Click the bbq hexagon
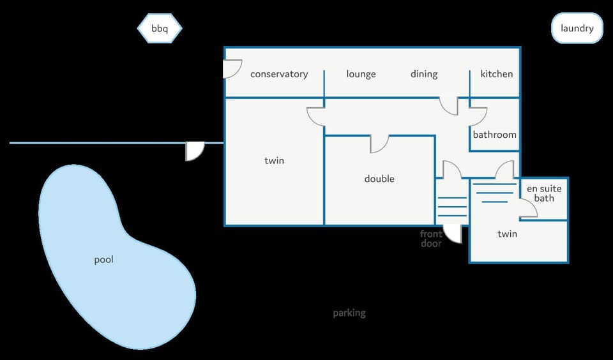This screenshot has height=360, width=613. (160, 28)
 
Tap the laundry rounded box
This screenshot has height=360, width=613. (577, 28)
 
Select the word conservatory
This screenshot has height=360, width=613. (279, 74)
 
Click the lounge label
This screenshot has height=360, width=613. (361, 74)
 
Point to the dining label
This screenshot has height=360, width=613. (424, 74)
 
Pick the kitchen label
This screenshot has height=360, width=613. (497, 74)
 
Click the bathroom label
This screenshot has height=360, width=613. (494, 135)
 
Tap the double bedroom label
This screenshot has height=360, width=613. (379, 179)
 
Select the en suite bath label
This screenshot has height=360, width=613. (544, 193)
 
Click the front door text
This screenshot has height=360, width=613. (431, 239)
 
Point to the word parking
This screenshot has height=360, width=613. (349, 313)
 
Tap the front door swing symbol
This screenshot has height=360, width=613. (453, 234)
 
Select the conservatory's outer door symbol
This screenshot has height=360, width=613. (232, 69)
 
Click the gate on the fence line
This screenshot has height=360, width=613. (195, 151)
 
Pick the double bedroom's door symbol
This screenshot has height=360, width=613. (379, 144)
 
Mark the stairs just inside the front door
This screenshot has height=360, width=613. (452, 207)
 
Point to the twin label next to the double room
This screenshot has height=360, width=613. (274, 161)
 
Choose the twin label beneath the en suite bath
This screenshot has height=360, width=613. (508, 234)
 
